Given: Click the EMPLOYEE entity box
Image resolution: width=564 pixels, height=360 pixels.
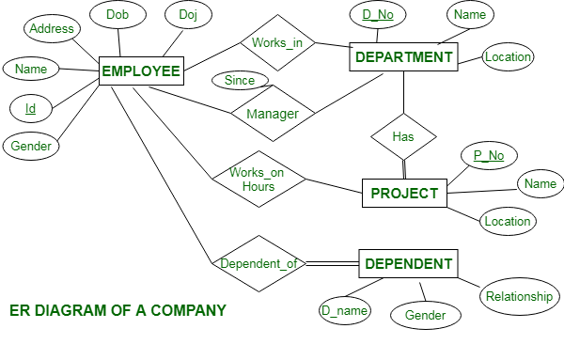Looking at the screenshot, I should coord(140,70).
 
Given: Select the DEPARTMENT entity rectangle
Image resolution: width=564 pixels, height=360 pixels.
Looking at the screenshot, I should coord(403,57).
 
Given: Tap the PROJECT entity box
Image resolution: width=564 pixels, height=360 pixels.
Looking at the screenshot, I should coord(404,194).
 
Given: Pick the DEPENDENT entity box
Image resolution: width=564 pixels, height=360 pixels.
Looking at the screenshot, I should coord(408,263).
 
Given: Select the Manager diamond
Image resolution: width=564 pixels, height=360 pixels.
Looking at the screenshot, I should coord(273,115).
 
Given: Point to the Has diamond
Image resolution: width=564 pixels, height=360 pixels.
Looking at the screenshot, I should coord(403,137).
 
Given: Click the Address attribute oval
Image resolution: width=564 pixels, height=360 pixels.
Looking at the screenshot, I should coord(52,29).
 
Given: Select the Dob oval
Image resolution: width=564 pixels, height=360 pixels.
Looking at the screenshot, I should coord(117,15).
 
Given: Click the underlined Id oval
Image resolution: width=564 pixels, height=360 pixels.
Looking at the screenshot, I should coord(31,109).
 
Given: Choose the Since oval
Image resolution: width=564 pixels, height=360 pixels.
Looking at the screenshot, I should coord(240,81).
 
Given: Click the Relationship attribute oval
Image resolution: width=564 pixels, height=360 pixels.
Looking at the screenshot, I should coord(519,297).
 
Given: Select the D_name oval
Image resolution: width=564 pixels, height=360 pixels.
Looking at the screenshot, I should coord(343,309).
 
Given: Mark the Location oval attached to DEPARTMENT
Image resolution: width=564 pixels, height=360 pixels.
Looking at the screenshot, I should coord(508,57).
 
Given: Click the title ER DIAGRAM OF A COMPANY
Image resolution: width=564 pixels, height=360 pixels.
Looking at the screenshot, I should coord(117,309).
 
